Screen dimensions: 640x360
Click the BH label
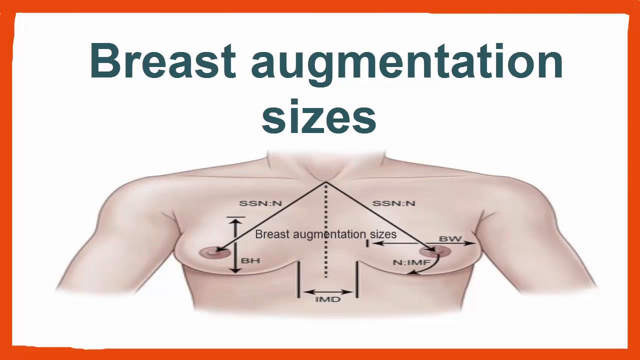point(250,260)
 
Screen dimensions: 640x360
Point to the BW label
point(450,238)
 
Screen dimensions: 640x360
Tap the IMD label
point(328,299)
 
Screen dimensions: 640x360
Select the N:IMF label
point(411,261)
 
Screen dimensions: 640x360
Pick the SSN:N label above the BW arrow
point(394,203)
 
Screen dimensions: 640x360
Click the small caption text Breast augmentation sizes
point(325,234)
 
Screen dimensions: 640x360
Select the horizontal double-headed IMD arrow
point(328,291)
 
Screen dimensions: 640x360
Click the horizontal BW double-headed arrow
point(423,243)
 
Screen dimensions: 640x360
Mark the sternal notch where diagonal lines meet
point(325,182)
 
